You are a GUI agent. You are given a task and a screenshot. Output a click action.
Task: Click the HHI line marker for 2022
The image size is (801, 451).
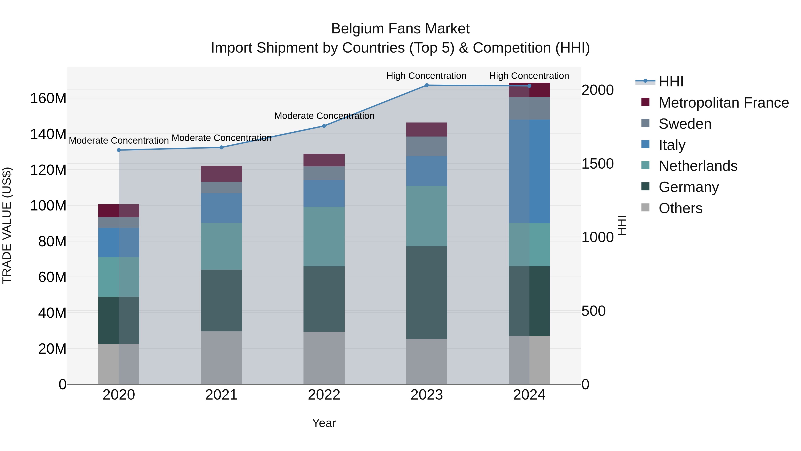(324, 126)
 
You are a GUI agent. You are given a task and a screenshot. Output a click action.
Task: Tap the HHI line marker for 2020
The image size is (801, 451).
(119, 150)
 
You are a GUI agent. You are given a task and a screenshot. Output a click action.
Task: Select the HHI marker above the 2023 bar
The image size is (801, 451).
(427, 85)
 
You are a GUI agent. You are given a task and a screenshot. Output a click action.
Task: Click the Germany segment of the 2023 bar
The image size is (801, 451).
(427, 293)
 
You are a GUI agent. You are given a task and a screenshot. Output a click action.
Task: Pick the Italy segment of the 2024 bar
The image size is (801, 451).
(529, 171)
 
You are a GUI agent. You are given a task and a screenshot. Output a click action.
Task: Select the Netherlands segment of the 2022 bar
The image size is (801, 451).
(324, 237)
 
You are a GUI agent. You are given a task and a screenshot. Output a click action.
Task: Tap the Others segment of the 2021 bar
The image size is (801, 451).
(221, 358)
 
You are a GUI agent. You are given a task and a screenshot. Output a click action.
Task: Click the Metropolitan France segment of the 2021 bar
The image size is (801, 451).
(221, 174)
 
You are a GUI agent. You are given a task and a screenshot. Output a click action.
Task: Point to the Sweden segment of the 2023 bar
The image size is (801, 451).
(427, 146)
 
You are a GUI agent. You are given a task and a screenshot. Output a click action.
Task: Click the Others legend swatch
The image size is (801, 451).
(645, 208)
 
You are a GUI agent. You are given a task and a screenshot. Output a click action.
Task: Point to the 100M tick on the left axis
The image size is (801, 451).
(48, 206)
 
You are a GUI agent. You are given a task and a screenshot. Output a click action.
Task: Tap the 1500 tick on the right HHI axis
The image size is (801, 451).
(598, 164)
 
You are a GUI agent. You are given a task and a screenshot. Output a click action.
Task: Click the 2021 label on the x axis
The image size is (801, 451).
(221, 395)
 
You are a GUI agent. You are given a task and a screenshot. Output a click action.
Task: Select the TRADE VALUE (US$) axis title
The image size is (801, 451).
(7, 225)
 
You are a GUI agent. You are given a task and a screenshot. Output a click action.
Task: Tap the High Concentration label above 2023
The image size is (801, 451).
(426, 76)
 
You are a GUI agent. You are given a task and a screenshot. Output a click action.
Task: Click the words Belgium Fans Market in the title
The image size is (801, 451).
(400, 29)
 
